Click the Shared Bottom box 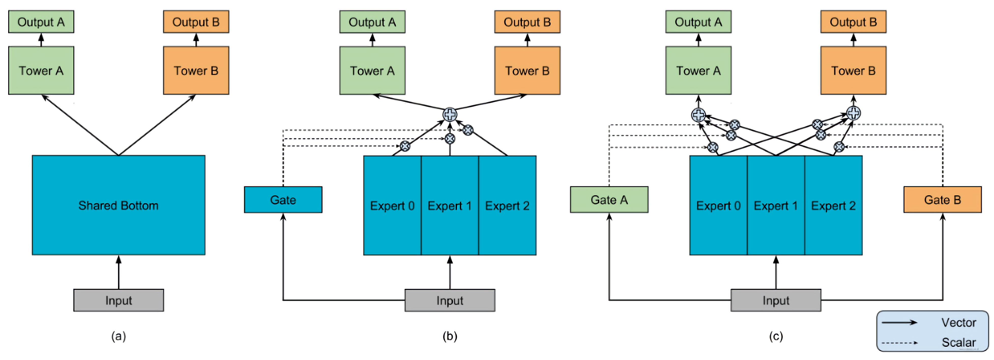(119, 205)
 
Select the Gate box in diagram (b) (283, 200)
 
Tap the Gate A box (609, 200)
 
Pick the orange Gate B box (943, 200)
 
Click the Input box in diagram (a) (119, 300)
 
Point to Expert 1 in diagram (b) (450, 205)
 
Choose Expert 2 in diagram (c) (834, 205)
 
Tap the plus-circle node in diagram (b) (450, 114)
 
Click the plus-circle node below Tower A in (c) (698, 115)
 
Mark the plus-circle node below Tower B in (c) (854, 113)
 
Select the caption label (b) (450, 336)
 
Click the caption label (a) (119, 336)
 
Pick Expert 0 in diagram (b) (392, 205)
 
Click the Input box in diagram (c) (776, 300)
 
